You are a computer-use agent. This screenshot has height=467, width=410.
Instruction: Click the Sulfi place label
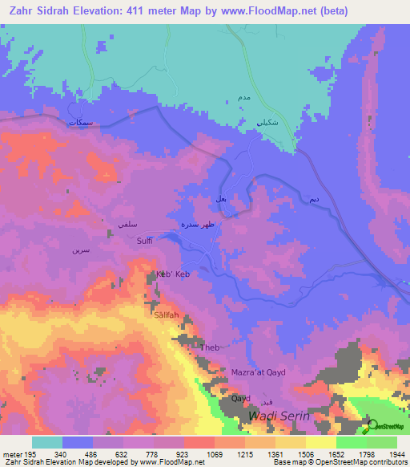click(144, 240)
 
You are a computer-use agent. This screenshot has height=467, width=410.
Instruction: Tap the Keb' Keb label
click(172, 274)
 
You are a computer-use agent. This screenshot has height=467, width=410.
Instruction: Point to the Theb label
click(210, 347)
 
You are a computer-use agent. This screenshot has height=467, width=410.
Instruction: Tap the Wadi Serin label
click(278, 416)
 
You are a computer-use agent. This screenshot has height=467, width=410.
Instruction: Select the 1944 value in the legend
click(395, 453)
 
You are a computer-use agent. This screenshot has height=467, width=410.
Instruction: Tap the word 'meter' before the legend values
click(11, 453)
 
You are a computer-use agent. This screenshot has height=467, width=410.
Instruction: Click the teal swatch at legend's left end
click(47, 442)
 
